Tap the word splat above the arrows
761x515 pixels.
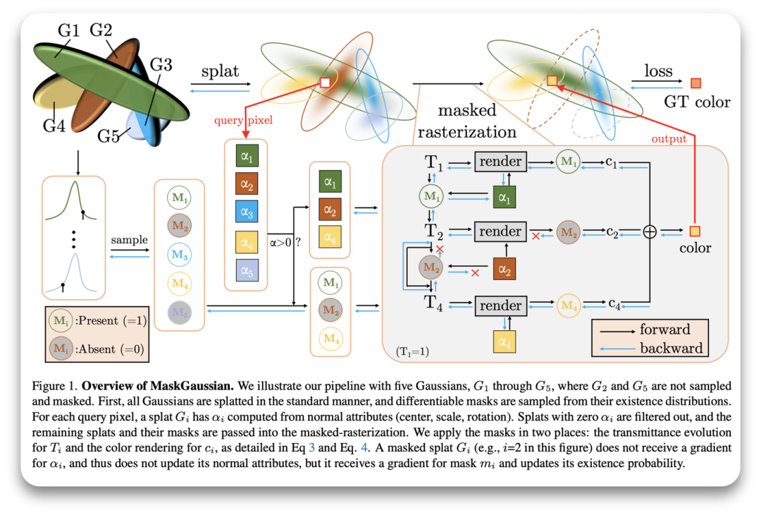221,72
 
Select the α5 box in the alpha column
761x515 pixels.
248,269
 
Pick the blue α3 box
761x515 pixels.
248,212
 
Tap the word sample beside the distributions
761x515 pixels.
129,240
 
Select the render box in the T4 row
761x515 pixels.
500,305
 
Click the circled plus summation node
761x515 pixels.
650,232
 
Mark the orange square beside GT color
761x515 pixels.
696,83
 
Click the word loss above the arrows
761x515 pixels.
658,71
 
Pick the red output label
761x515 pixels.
669,139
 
